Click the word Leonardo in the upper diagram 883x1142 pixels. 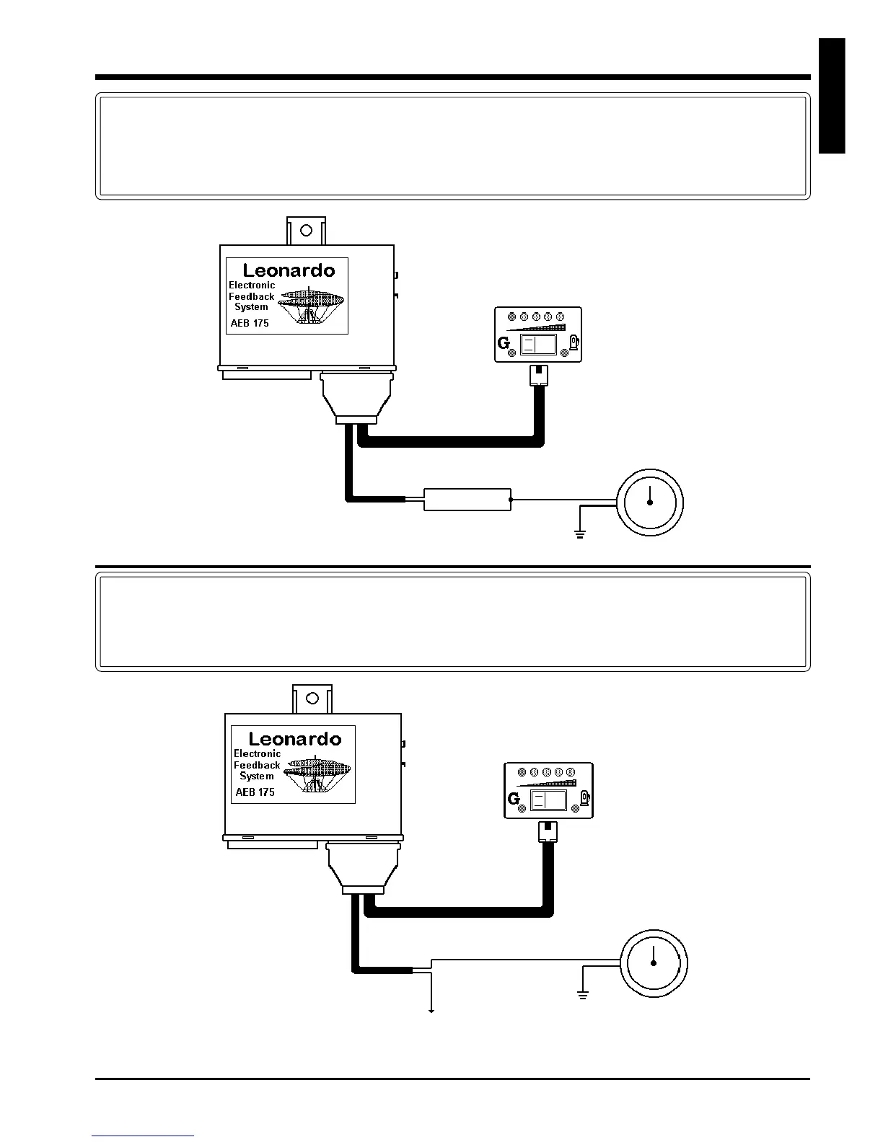coord(289,270)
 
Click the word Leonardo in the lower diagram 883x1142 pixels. coord(294,739)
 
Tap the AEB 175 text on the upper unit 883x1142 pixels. coord(250,323)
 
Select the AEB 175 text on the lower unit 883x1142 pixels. coord(255,792)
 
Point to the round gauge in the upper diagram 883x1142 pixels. coord(650,502)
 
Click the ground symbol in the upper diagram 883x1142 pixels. coord(579,534)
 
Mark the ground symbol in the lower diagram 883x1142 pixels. coord(583,995)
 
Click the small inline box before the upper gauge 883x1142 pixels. coord(467,499)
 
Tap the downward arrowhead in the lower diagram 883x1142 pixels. coord(431,1011)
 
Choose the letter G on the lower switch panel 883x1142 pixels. coord(514,799)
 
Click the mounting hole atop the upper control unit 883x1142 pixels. coord(306,231)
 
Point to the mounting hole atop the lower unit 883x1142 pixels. coord(312,698)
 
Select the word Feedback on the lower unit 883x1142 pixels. coord(257,765)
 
